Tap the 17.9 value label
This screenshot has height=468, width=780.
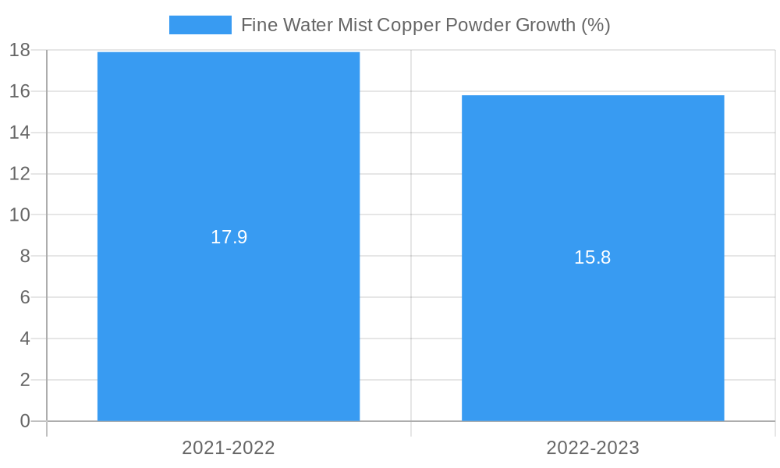click(x=229, y=237)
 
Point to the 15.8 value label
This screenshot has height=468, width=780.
click(x=593, y=257)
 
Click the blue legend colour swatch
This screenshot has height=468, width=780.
click(x=200, y=25)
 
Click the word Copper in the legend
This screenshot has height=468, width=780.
click(x=408, y=25)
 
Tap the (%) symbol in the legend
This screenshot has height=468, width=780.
click(x=595, y=25)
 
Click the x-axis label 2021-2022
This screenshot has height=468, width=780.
click(x=229, y=448)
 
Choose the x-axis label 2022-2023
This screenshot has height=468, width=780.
click(x=593, y=448)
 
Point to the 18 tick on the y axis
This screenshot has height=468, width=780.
click(x=19, y=50)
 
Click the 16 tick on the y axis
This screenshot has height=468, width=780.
click(x=19, y=91)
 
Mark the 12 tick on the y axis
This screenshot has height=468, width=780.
click(x=19, y=174)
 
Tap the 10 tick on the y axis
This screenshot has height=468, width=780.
click(x=19, y=214)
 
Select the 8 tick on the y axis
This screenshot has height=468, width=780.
click(x=24, y=256)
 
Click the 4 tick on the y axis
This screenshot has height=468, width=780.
click(x=24, y=339)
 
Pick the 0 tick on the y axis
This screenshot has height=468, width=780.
click(x=24, y=421)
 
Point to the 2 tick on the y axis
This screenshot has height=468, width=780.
click(x=24, y=380)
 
